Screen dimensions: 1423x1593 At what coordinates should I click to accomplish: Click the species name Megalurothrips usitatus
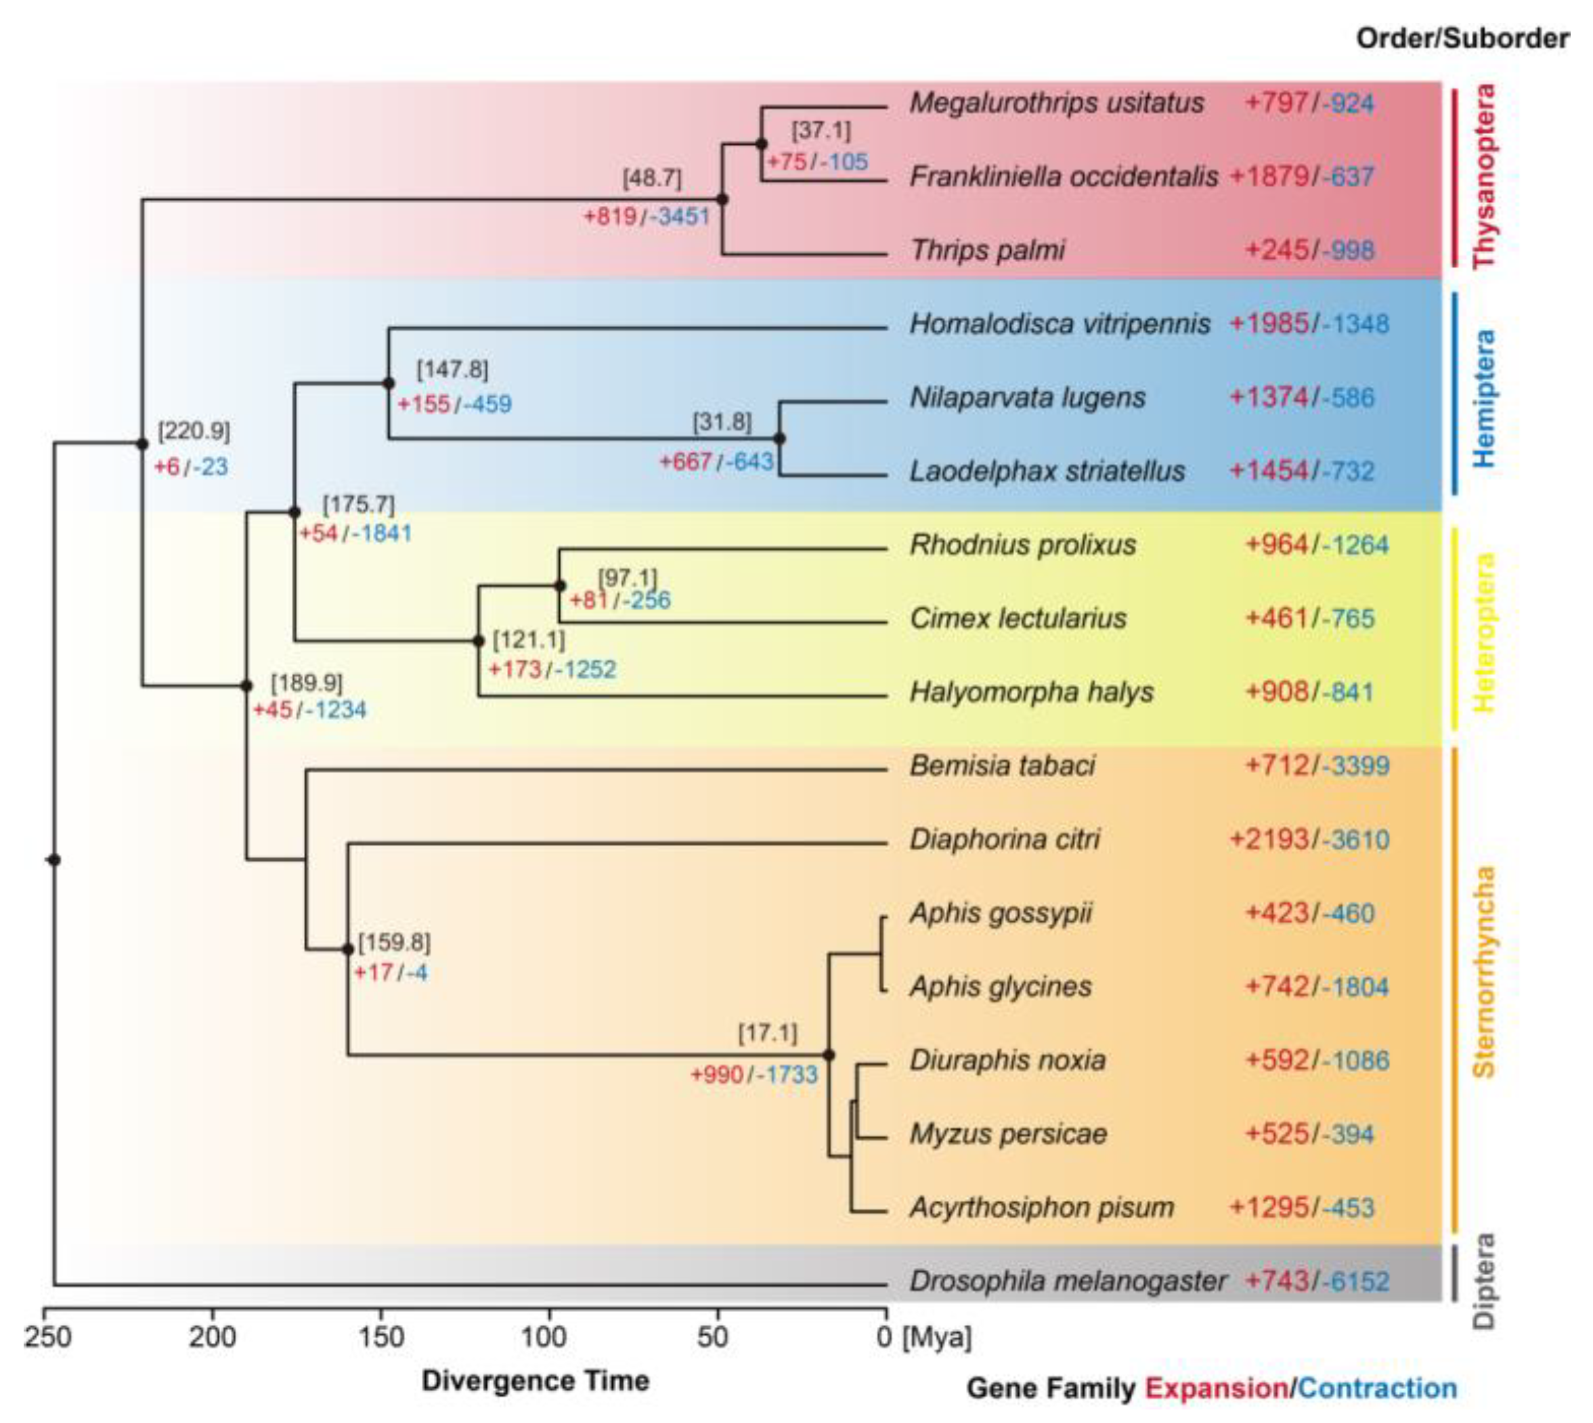(x=1056, y=103)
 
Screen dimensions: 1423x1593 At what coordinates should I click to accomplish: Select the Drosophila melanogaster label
(x=1068, y=1281)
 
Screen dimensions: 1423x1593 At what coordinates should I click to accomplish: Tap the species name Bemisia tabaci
(x=1002, y=765)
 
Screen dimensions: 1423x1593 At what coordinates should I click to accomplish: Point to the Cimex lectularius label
(x=1018, y=618)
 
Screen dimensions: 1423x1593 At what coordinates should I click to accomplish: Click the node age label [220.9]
(x=194, y=431)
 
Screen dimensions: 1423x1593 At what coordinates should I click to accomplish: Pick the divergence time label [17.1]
(x=768, y=1033)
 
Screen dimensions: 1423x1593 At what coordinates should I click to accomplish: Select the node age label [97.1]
(x=628, y=578)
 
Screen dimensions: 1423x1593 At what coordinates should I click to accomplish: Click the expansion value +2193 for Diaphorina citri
(x=1269, y=840)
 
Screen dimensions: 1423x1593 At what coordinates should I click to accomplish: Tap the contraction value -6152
(x=1356, y=1281)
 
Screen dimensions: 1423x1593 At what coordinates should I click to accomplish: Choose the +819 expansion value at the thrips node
(x=611, y=216)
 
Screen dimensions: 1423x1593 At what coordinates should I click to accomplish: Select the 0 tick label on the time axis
(x=884, y=1338)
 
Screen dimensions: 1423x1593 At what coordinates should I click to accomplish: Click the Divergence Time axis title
(x=536, y=1381)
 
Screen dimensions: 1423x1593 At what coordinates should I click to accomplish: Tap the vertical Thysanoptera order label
(x=1483, y=177)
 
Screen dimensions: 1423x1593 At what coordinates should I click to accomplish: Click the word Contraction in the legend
(x=1377, y=1388)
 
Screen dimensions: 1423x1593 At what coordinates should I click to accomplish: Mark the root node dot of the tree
(x=54, y=860)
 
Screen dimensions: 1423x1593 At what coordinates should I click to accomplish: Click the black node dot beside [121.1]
(x=479, y=641)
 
